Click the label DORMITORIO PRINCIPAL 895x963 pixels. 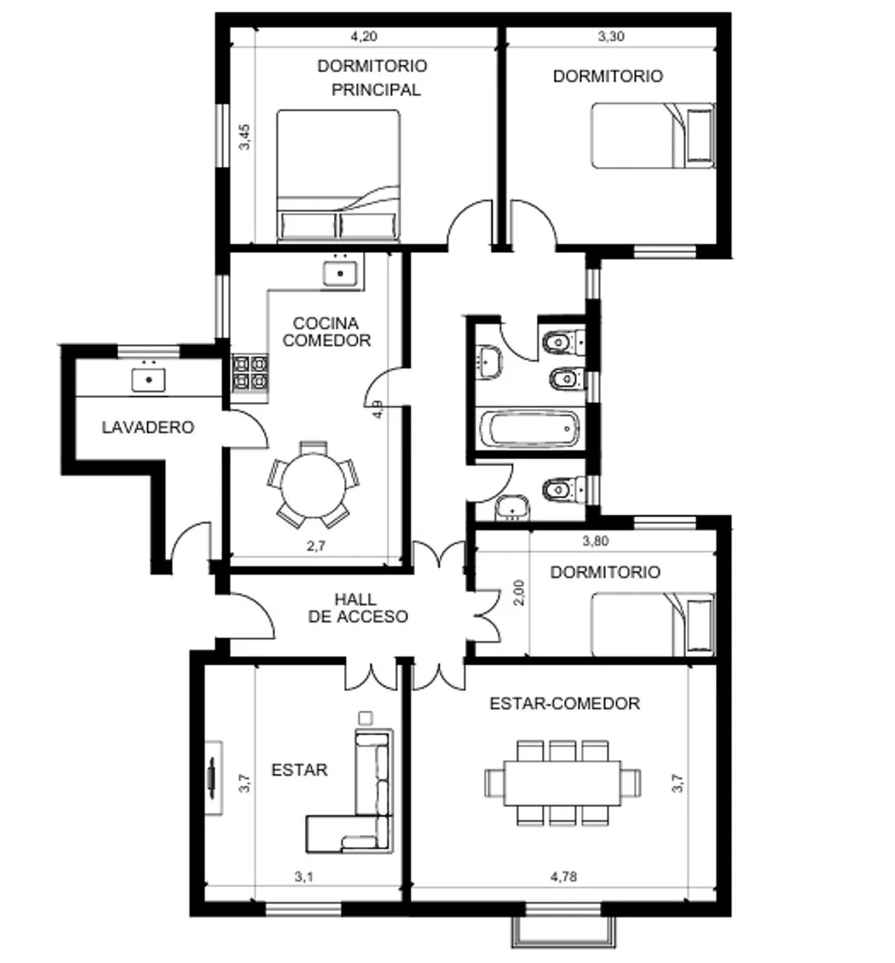tap(372, 78)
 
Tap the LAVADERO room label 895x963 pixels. tap(148, 427)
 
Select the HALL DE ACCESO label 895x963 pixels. tap(358, 607)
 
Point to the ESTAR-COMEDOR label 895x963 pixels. tap(564, 703)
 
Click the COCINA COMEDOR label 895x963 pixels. tap(327, 331)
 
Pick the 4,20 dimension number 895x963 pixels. tap(364, 36)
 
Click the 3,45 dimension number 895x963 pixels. tap(245, 137)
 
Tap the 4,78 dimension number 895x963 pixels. tap(563, 876)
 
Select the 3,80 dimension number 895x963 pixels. tap(596, 541)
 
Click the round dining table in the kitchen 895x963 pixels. tap(313, 486)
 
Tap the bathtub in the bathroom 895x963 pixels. tap(530, 429)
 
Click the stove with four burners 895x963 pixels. tap(250, 372)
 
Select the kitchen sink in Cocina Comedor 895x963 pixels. tap(340, 274)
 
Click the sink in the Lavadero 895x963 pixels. tap(148, 380)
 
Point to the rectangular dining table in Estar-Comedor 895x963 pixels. tap(562, 783)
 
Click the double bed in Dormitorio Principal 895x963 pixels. tap(339, 175)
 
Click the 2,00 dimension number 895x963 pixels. tap(519, 592)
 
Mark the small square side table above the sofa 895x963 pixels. tap(365, 717)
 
